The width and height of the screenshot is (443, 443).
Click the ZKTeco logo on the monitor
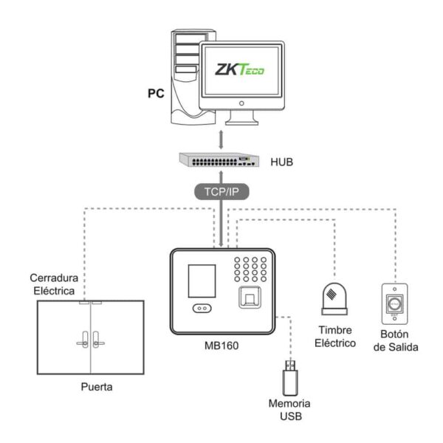[238, 71]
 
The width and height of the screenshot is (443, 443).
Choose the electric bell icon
[334, 298]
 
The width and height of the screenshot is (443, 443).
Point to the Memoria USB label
[289, 411]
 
